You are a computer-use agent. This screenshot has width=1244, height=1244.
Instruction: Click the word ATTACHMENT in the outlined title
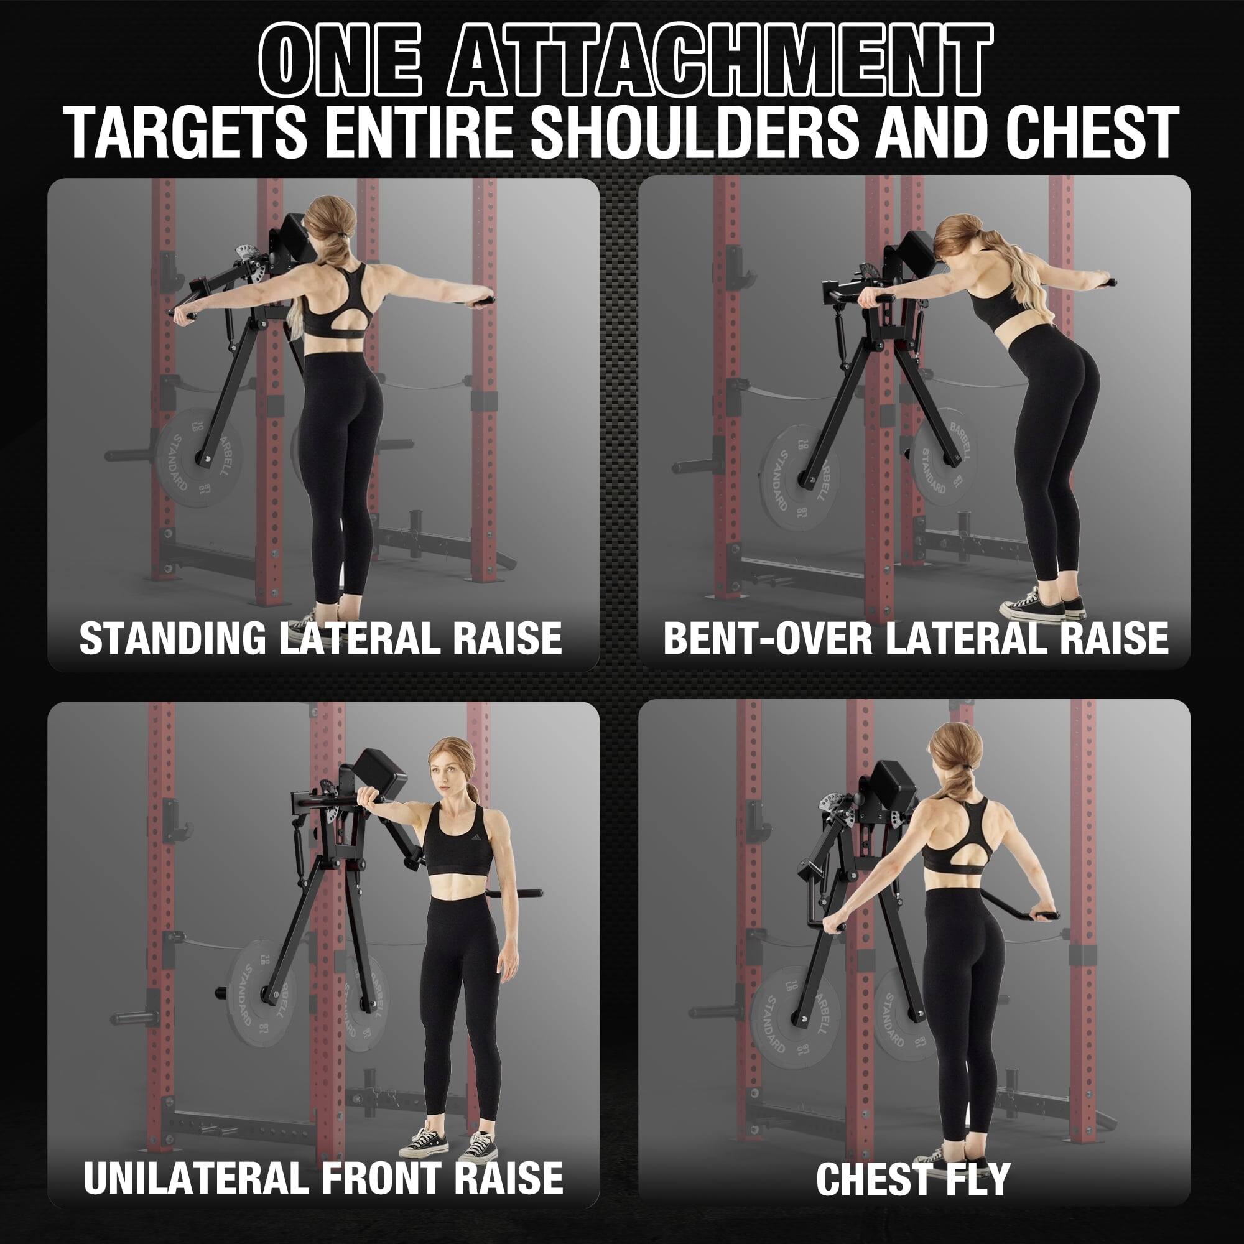click(x=726, y=62)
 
